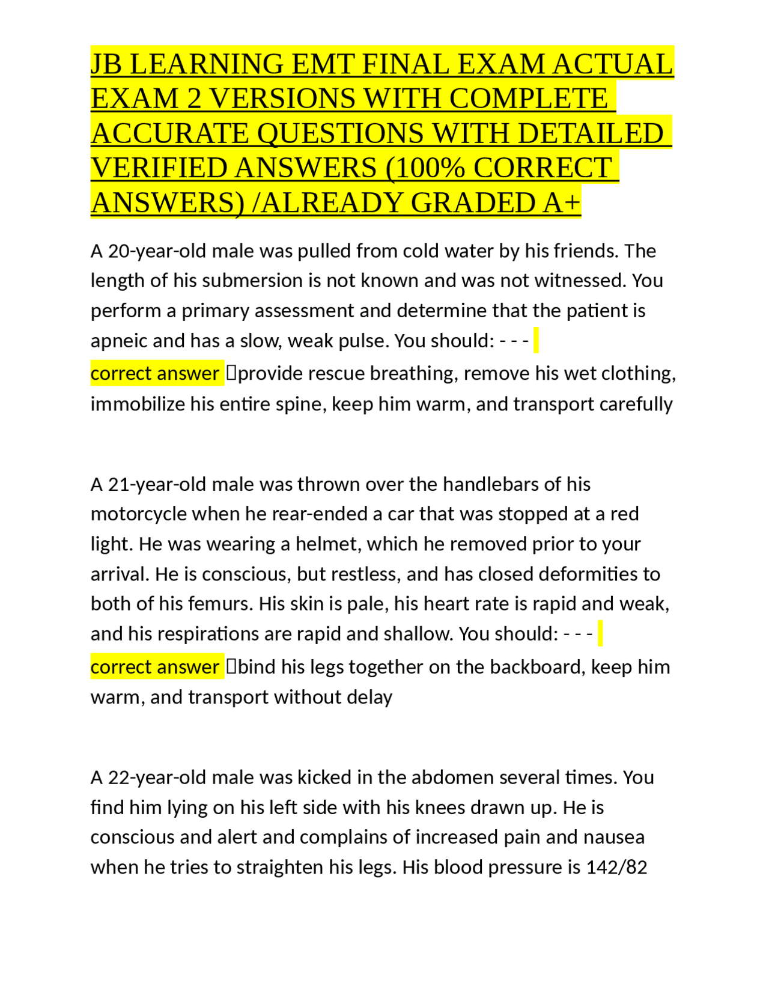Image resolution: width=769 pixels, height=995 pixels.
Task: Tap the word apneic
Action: (119, 341)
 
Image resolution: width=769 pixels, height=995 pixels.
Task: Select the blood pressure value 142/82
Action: (617, 868)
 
